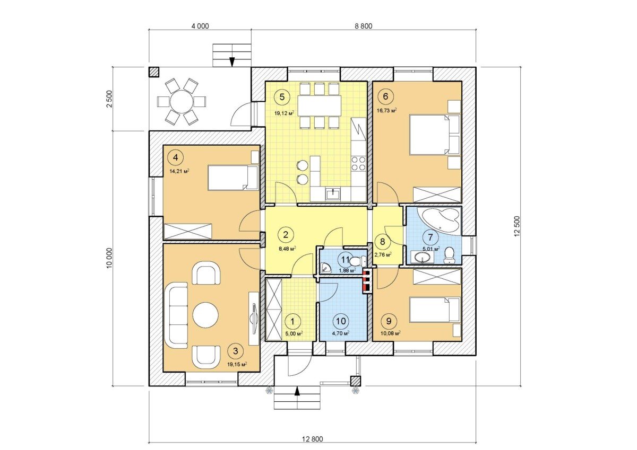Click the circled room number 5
(282, 97)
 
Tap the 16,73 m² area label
(387, 110)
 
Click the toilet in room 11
(357, 261)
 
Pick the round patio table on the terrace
(182, 102)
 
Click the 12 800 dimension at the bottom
(312, 439)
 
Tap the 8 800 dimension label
(363, 26)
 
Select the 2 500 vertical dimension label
(109, 99)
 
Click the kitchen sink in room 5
(332, 195)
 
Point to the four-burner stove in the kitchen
(358, 164)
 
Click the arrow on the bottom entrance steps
(297, 391)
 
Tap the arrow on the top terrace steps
(232, 62)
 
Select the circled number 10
(341, 321)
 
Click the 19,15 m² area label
(237, 364)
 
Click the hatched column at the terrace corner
(154, 72)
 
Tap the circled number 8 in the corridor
(383, 242)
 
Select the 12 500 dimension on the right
(517, 226)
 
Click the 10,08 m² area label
(390, 333)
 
